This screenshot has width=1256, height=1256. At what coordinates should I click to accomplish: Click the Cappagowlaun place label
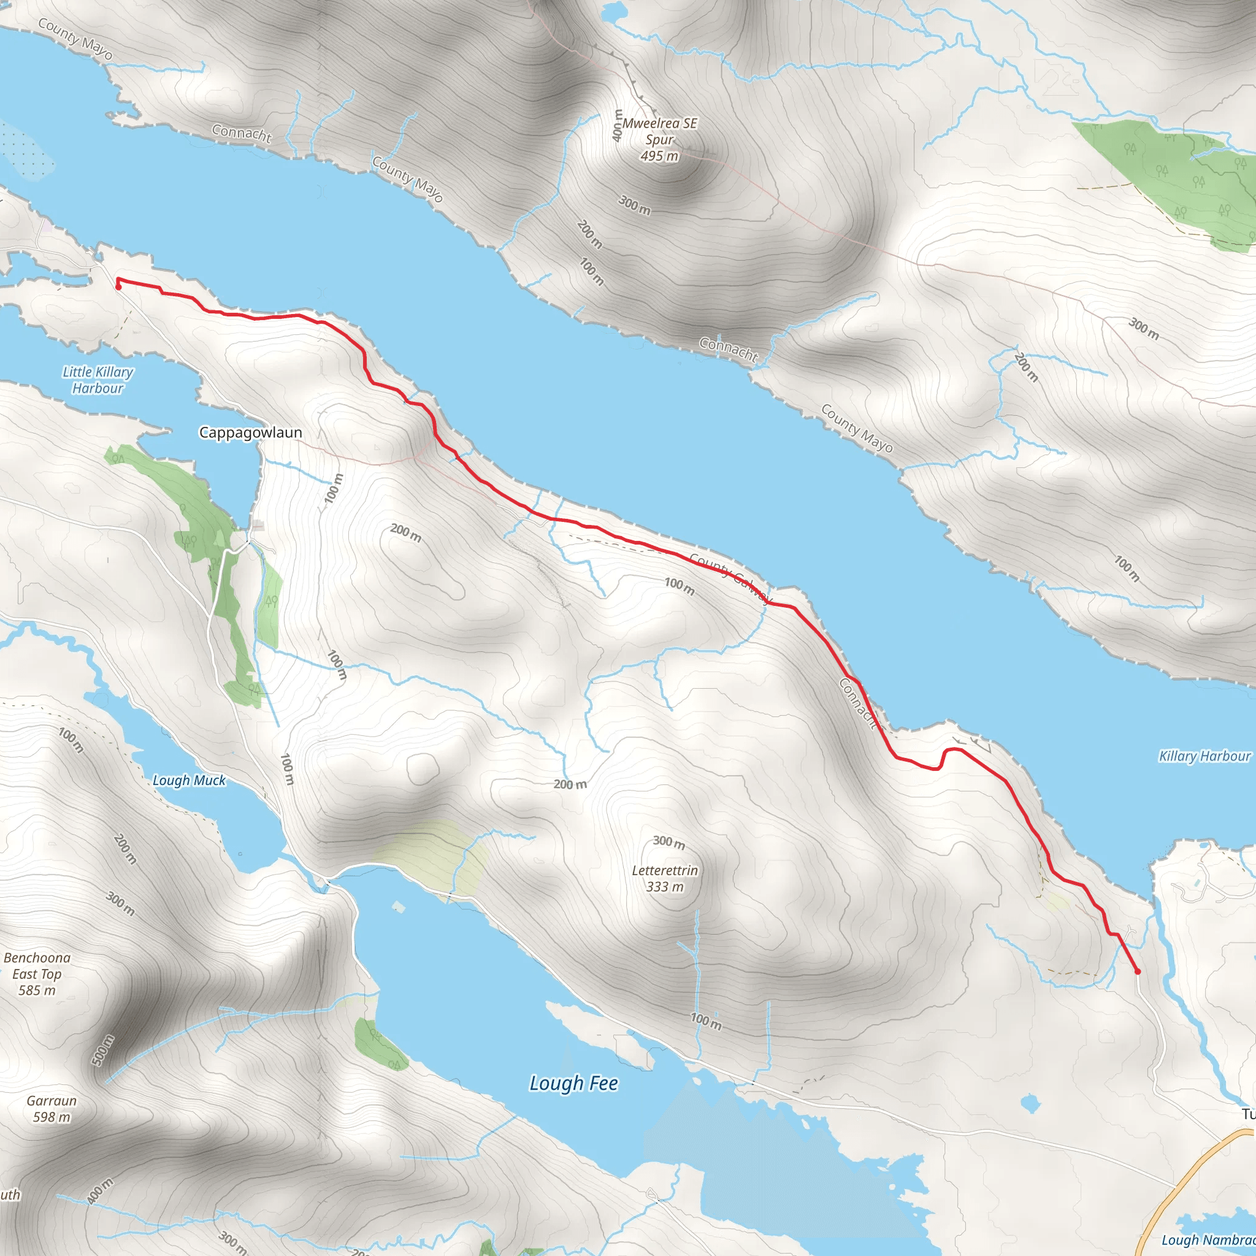(250, 433)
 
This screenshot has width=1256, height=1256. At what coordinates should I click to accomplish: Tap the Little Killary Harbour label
(98, 380)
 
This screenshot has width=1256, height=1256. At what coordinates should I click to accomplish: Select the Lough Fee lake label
(573, 1083)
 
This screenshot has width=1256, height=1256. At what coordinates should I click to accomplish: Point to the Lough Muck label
(188, 780)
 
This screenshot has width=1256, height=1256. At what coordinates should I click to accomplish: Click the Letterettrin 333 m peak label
(665, 878)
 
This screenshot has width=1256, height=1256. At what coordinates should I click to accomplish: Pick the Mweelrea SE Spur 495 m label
(659, 139)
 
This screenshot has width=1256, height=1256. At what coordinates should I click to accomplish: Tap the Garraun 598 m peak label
(52, 1108)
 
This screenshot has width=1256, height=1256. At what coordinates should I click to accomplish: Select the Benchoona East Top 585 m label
(37, 974)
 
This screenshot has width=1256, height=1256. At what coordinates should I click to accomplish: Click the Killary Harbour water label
(1204, 756)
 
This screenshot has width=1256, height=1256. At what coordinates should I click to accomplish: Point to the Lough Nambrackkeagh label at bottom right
(1208, 1239)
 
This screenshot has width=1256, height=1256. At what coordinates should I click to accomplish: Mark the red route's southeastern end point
(1137, 971)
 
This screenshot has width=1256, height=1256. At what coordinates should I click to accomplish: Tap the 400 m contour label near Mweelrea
(618, 126)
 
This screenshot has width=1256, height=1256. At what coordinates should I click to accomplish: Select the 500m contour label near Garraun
(102, 1051)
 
